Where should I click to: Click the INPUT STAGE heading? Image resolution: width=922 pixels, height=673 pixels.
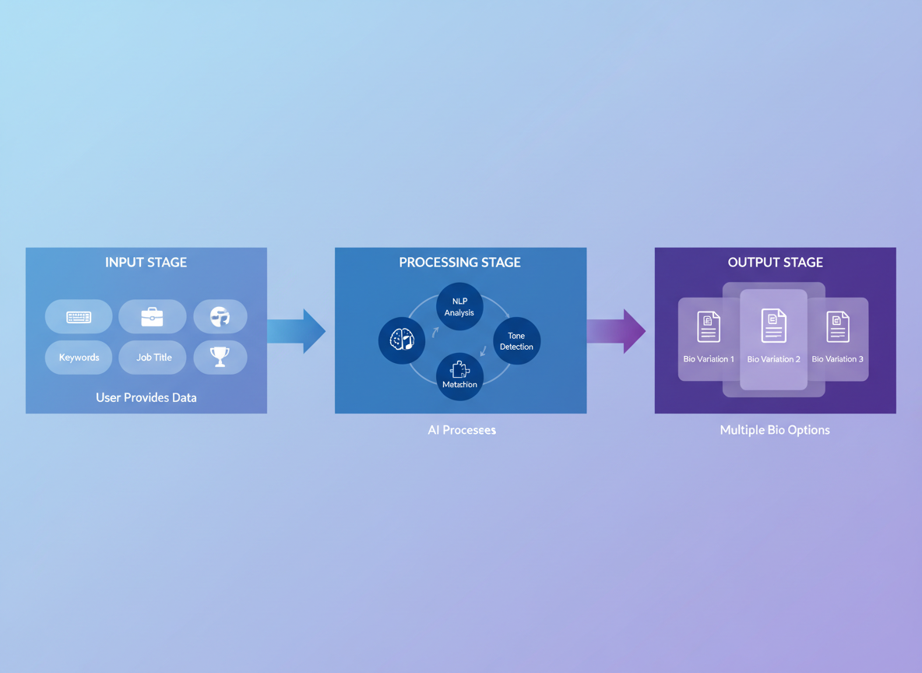pos(146,263)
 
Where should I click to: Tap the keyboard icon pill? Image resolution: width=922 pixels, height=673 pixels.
pos(79,317)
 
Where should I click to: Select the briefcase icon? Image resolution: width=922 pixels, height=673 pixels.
pos(152,316)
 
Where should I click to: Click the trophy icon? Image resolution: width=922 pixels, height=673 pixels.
pos(220,357)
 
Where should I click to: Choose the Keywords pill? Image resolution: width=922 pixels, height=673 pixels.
pos(79,358)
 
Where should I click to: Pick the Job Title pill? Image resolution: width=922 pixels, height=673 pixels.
pos(153,358)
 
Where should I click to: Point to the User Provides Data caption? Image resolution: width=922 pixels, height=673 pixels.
pos(146,397)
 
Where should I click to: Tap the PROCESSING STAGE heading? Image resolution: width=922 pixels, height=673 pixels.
pos(459,263)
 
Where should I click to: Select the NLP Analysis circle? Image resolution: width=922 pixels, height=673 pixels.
pos(459,307)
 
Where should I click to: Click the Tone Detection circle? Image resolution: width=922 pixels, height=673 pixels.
pos(516,341)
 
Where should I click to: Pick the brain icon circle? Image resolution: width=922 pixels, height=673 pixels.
pos(402,340)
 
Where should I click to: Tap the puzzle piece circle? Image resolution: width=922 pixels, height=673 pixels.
pos(459,376)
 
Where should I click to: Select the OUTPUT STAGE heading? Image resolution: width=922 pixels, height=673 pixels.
pos(775,263)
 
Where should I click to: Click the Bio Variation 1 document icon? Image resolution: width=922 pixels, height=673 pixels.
pos(709,327)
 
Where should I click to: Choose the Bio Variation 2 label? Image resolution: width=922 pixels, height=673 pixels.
pos(773,359)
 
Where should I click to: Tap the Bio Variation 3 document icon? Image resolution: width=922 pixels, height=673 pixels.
pos(838,327)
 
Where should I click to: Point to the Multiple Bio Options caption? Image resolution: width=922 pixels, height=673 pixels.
pos(775,430)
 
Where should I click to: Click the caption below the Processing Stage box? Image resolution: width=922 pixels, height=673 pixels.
pos(461,430)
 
